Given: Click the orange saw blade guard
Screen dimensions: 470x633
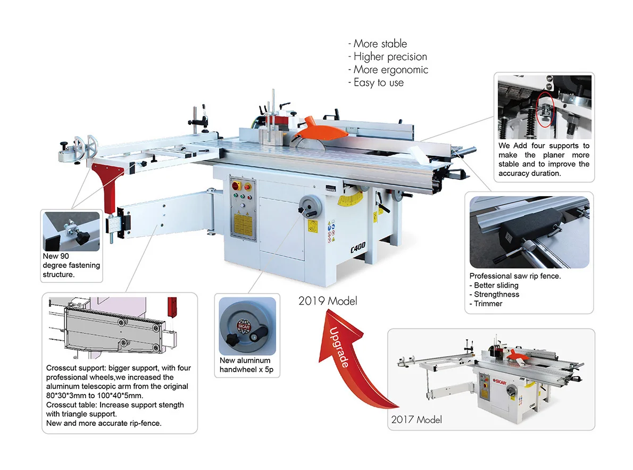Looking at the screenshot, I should coord(311,129).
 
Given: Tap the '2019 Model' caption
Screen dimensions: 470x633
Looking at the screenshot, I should coord(328,301).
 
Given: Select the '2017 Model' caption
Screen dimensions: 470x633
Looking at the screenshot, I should coord(417,419).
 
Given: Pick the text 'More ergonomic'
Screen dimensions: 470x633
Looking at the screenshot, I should coord(391,70).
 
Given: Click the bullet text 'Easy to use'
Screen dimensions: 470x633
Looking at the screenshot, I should coord(378,83).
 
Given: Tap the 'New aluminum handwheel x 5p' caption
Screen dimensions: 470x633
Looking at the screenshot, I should coord(246,365).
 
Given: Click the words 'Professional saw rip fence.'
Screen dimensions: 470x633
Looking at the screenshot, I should coord(515,276).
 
